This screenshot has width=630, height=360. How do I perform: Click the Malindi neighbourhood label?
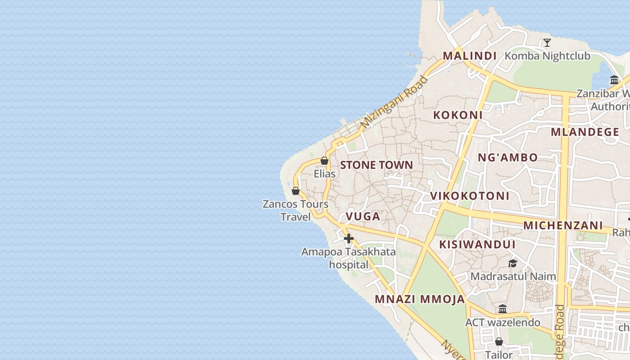(x=469, y=56)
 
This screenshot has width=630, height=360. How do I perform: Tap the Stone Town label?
(x=376, y=165)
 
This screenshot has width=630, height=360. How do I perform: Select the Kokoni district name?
(x=458, y=115)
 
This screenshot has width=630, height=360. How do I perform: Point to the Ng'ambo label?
(x=507, y=157)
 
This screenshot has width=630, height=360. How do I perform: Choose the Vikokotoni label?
(x=470, y=196)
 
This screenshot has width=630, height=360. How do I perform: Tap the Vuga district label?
(x=363, y=216)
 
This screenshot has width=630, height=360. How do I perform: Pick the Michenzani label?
(x=563, y=225)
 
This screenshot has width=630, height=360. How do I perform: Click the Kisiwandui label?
(x=477, y=244)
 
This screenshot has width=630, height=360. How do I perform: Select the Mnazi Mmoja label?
(x=420, y=299)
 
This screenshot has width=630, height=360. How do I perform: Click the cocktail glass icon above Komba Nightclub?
(x=547, y=43)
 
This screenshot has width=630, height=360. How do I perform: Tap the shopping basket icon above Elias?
(x=324, y=161)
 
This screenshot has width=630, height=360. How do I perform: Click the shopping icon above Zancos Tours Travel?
(x=296, y=191)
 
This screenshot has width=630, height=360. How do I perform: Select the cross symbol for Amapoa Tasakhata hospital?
(x=349, y=238)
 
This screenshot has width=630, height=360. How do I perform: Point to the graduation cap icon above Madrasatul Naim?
(x=513, y=263)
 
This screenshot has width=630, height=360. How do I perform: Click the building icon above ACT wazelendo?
(x=503, y=309)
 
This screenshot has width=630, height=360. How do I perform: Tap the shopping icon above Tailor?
(x=499, y=342)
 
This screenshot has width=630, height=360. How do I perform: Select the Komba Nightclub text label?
(x=547, y=56)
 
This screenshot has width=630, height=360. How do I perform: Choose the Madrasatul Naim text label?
(x=513, y=276)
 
